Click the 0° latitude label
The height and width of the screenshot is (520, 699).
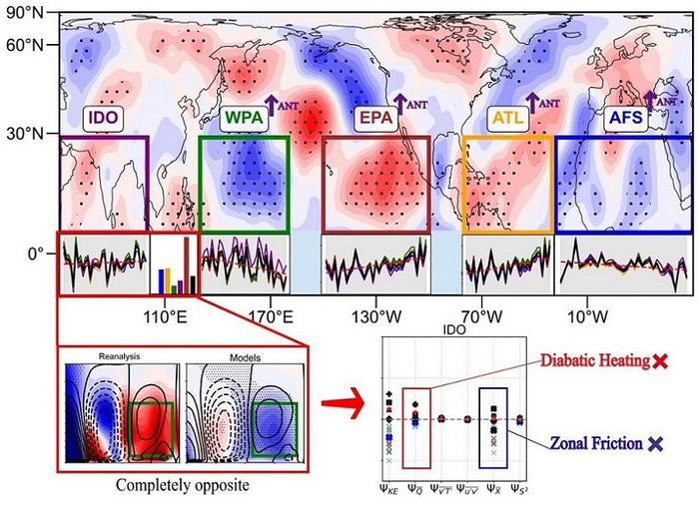[x=40, y=255]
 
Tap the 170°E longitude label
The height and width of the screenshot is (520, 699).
[x=270, y=318]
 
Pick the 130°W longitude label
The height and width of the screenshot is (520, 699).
[x=375, y=318]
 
